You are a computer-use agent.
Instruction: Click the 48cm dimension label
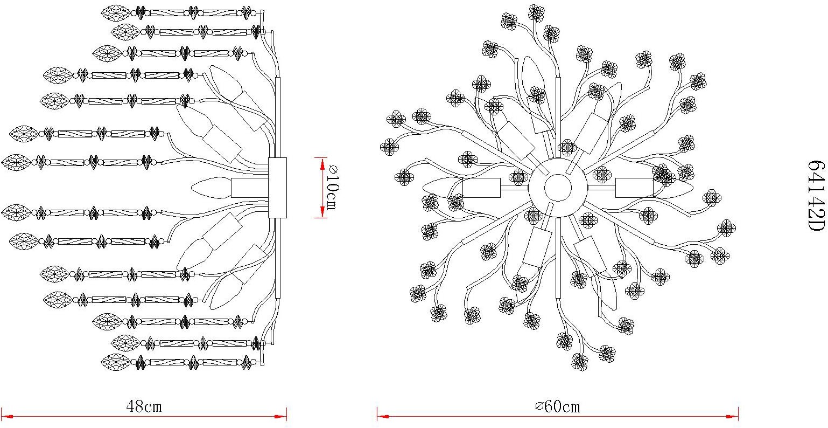click(144, 406)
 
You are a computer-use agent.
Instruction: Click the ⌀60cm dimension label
click(558, 406)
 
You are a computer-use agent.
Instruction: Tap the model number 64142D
click(816, 196)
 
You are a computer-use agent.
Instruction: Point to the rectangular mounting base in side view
click(277, 188)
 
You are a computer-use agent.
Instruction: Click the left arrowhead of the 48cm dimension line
click(8, 417)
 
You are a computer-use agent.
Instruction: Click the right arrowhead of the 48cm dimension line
click(280, 417)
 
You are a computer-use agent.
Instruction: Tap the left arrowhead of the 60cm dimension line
click(383, 417)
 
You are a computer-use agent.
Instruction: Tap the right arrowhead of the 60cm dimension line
click(732, 417)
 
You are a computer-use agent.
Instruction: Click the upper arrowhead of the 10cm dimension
click(322, 164)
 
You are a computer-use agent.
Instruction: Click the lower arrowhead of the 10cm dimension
click(322, 212)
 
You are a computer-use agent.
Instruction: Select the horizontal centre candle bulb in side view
click(211, 188)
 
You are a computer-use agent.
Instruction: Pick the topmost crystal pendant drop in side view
click(116, 12)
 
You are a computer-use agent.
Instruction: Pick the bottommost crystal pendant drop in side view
click(116, 362)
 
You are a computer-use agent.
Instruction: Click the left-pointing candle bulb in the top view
click(443, 188)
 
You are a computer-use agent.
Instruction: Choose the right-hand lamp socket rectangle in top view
click(634, 188)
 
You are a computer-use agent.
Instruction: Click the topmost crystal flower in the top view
click(536, 12)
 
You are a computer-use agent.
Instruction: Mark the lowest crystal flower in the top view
click(580, 362)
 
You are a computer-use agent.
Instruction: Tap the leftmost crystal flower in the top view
click(389, 147)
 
